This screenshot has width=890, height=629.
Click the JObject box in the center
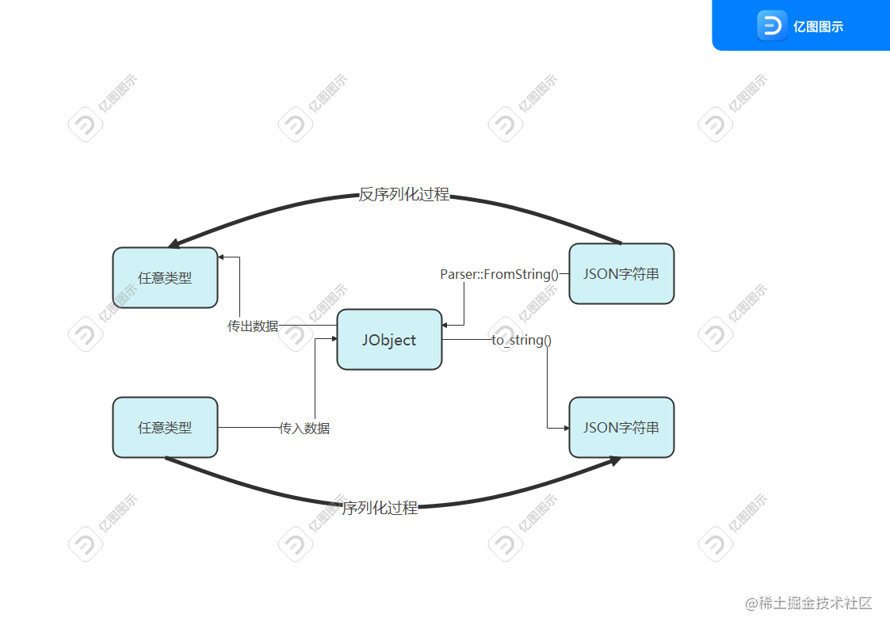pyautogui.click(x=389, y=340)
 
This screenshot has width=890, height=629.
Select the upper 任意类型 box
pyautogui.click(x=165, y=278)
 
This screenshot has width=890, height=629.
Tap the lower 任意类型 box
pyautogui.click(x=165, y=428)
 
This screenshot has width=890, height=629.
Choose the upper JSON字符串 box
pyautogui.click(x=621, y=274)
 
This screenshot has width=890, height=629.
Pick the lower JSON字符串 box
pyautogui.click(x=621, y=428)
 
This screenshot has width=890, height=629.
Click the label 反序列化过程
pyautogui.click(x=404, y=195)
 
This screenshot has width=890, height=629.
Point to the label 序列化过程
pyautogui.click(x=380, y=508)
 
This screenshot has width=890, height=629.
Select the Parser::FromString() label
pyautogui.click(x=500, y=275)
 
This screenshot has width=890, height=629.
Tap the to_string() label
pyautogui.click(x=521, y=340)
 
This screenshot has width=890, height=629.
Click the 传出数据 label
pyautogui.click(x=253, y=326)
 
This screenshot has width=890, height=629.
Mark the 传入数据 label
pyautogui.click(x=304, y=428)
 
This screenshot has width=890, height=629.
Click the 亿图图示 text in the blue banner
pyautogui.click(x=818, y=26)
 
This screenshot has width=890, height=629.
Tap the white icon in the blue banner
pyautogui.click(x=771, y=25)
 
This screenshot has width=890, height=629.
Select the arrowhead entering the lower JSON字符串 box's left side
pyautogui.click(x=565, y=428)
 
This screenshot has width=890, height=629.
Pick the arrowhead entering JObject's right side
pyautogui.click(x=447, y=325)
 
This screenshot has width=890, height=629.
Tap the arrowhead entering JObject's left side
pyautogui.click(x=333, y=339)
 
